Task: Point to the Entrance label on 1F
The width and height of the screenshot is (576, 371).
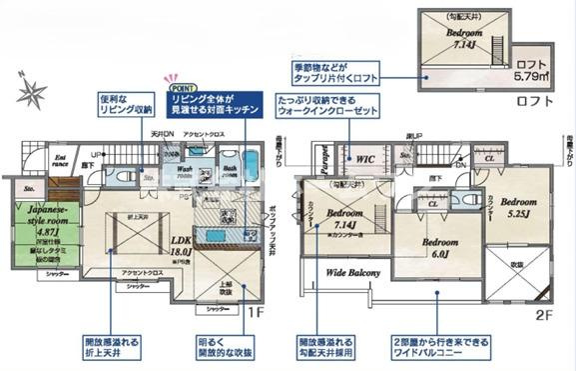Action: [x=61, y=162]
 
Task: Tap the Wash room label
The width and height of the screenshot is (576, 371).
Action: [x=186, y=171]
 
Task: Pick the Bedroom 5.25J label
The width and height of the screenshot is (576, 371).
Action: [x=520, y=205]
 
